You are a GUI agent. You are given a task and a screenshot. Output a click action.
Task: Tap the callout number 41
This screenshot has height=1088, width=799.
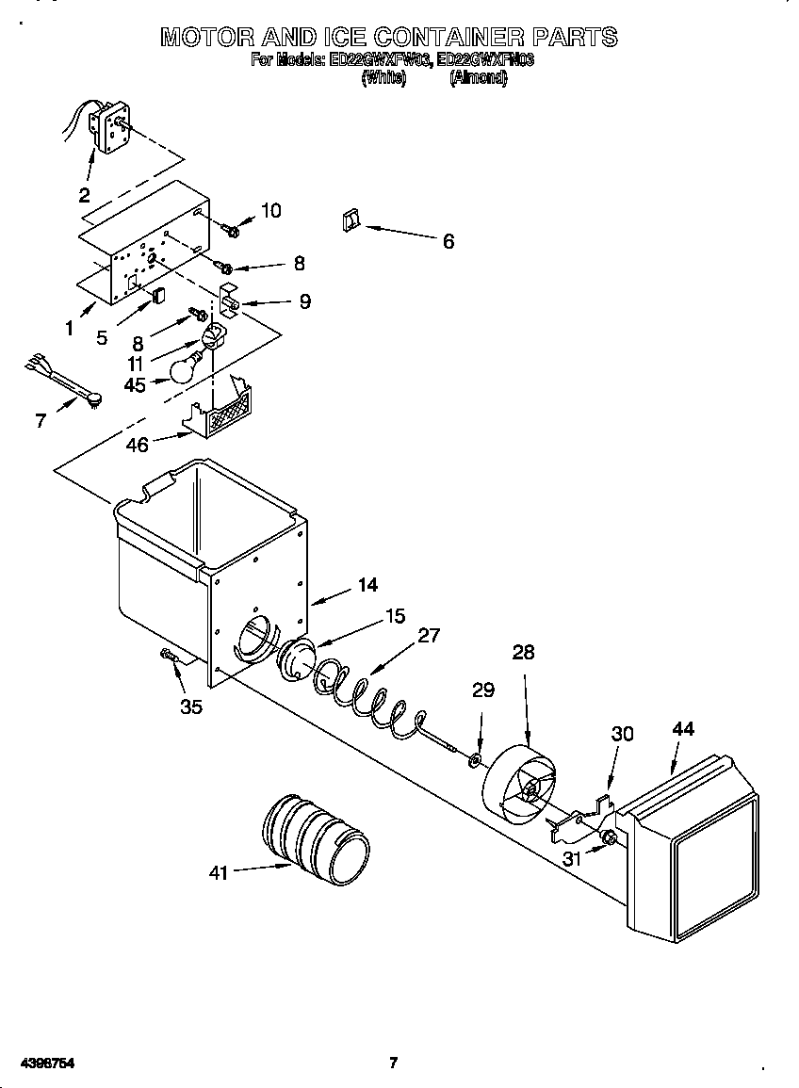[x=219, y=873]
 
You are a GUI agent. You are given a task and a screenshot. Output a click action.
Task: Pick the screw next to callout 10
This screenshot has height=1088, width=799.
[x=231, y=227]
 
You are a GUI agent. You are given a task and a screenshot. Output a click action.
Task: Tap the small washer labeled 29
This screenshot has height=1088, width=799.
[x=476, y=758]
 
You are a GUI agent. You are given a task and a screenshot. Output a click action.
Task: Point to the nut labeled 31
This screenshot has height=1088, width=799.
[x=608, y=836]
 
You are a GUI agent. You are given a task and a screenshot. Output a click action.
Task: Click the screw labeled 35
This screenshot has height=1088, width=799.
[x=170, y=658]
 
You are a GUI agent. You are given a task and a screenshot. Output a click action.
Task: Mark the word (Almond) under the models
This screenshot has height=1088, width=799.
[x=479, y=79]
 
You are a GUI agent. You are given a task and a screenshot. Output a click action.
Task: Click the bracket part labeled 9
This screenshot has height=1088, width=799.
[x=231, y=300]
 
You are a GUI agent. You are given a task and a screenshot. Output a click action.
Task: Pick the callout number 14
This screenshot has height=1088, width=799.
[x=367, y=585]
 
